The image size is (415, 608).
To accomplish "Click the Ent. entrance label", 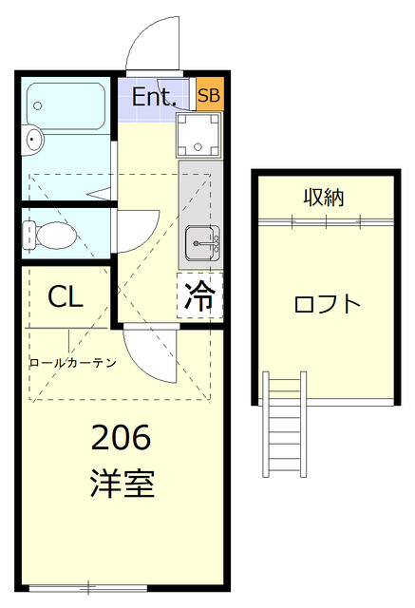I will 152,96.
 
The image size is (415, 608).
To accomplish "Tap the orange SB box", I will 210,96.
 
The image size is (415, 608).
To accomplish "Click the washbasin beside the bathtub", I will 34,142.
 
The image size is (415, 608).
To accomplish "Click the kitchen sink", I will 201,244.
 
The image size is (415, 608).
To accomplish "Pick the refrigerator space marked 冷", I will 199,296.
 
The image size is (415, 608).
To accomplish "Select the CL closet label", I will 66,296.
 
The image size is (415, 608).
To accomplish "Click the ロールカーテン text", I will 72,362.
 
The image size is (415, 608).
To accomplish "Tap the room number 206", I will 121,438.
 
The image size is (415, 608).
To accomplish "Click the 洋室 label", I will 122,484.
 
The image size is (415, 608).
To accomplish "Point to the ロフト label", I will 327,305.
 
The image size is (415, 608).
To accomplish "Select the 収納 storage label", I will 324,198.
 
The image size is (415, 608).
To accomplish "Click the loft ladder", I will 284,424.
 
